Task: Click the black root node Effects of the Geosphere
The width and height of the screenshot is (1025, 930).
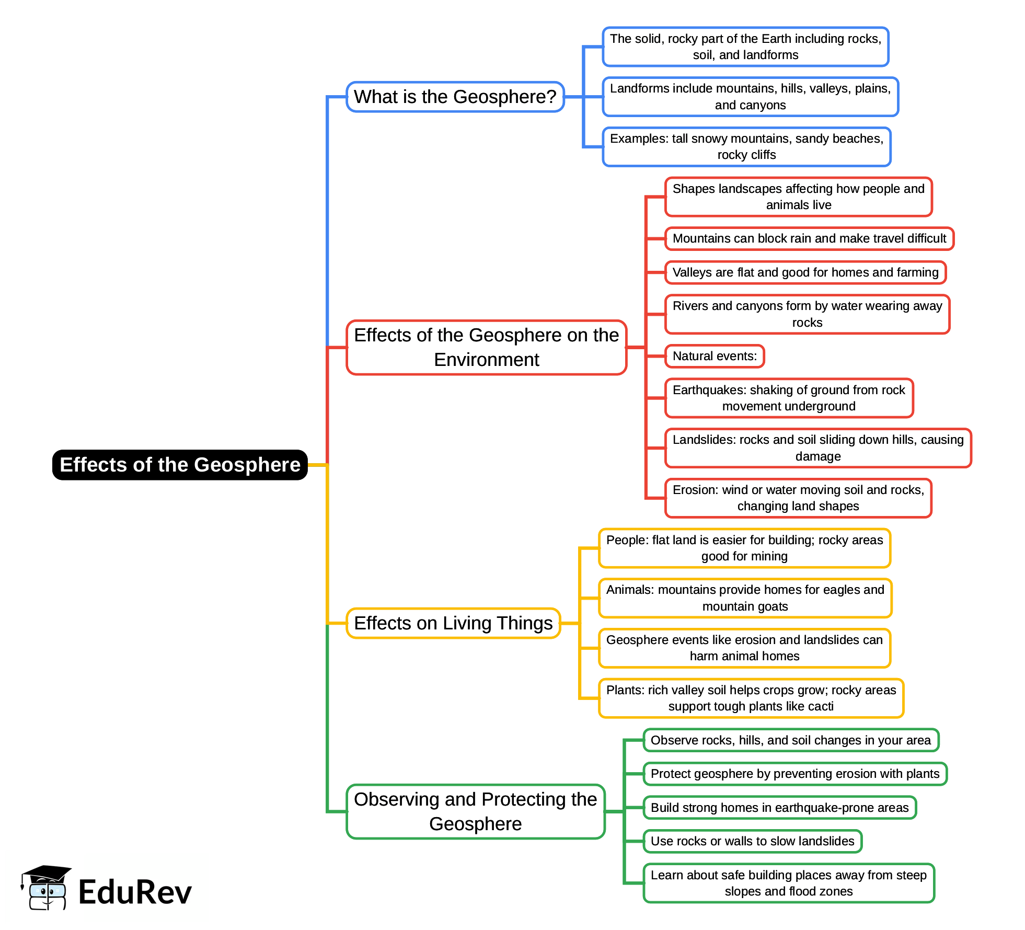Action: click(x=180, y=465)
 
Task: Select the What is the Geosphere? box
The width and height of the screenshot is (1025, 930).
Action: click(x=455, y=97)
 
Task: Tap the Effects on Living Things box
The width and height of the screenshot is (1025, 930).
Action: click(x=453, y=623)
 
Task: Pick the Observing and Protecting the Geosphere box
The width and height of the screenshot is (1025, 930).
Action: click(x=475, y=811)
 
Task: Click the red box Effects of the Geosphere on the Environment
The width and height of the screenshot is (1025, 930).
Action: click(x=486, y=347)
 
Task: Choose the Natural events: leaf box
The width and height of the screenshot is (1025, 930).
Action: click(x=715, y=356)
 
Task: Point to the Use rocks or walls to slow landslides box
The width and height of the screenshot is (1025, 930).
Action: click(x=752, y=841)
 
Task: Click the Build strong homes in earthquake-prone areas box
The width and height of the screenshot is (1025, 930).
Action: click(x=779, y=808)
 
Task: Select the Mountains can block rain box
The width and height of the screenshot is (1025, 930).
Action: click(x=809, y=239)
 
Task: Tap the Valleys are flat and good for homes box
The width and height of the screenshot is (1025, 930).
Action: click(x=805, y=272)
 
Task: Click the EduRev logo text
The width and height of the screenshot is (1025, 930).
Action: click(x=135, y=892)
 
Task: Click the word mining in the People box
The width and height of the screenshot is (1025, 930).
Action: click(x=769, y=556)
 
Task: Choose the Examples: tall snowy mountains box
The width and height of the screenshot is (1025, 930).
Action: click(x=746, y=147)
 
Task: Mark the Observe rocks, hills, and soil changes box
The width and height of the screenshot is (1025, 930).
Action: click(x=790, y=740)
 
